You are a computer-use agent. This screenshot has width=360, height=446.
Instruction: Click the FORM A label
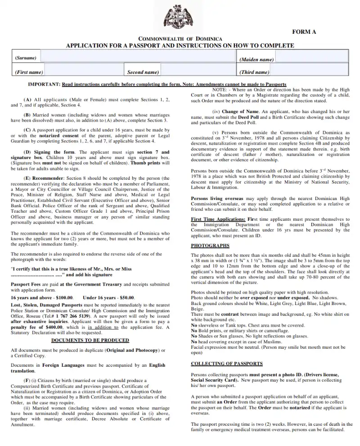[304, 32]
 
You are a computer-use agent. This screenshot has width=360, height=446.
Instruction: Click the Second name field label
[143, 72]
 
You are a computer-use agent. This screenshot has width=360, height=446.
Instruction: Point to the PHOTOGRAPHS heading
[210, 246]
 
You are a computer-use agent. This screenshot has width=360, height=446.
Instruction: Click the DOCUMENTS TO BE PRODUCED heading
[90, 340]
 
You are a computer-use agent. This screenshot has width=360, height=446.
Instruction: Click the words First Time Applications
[218, 219]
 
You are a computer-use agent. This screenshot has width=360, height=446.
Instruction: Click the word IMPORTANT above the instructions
[44, 84]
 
